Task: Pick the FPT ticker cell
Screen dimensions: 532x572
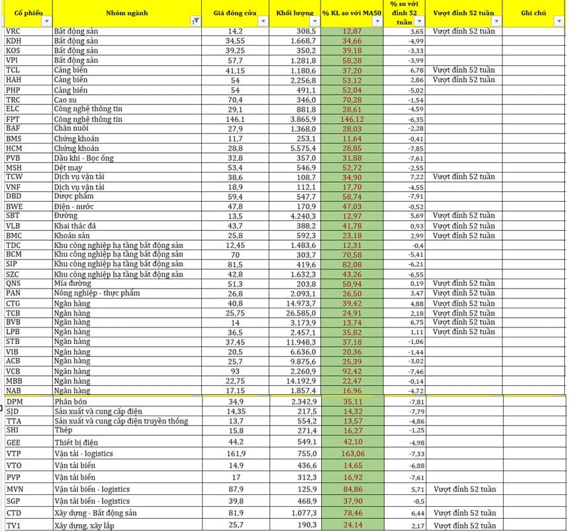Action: (13, 119)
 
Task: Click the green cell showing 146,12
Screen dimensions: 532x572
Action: (352, 119)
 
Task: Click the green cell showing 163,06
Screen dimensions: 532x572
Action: (352, 453)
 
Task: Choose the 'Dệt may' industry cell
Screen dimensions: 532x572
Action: (68, 168)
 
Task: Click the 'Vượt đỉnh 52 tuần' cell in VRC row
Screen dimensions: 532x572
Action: (463, 32)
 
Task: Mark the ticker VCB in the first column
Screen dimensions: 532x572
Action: (13, 371)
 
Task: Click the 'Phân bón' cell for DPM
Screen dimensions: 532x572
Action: (71, 402)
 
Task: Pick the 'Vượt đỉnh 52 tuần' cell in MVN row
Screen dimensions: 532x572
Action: (463, 489)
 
